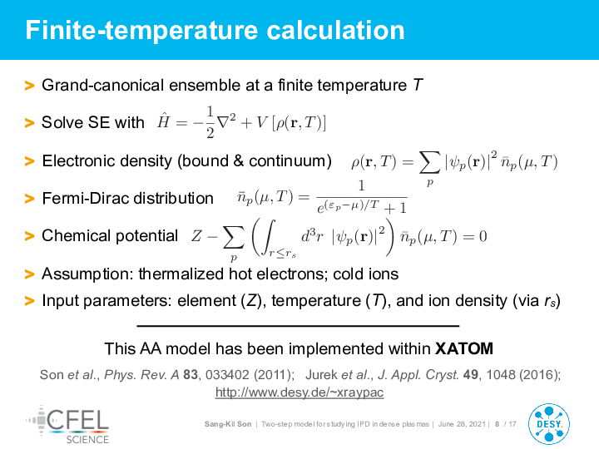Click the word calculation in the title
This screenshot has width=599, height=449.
[335, 31]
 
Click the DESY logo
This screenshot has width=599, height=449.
[549, 424]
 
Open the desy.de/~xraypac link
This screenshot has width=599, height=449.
[299, 392]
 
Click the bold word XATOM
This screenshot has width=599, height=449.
[464, 348]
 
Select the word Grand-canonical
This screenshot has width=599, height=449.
[103, 85]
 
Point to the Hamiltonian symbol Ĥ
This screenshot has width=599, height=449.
[163, 121]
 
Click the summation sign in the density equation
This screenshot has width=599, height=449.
[429, 162]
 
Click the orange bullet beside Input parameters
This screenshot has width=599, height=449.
[29, 301]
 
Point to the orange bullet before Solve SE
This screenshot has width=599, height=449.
[29, 122]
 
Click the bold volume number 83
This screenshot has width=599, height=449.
[191, 375]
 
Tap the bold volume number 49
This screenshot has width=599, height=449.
[470, 375]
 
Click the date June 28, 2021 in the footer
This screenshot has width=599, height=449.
[462, 424]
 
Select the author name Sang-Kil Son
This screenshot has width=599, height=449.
[228, 424]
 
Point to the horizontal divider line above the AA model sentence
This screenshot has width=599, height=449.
[298, 326]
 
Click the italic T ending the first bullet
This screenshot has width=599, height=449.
[418, 85]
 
